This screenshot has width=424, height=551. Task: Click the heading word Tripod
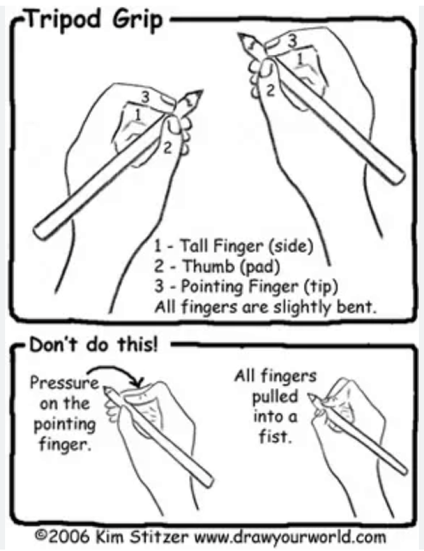65,20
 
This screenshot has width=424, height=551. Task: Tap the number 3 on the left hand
145,97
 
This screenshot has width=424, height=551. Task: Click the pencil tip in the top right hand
240,35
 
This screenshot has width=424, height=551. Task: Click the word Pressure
65,383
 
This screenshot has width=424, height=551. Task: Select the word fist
275,437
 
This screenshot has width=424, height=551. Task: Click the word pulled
275,397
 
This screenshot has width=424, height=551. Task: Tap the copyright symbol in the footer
41,536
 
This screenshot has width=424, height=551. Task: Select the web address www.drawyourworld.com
290,537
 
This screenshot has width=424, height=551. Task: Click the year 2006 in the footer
68,536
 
